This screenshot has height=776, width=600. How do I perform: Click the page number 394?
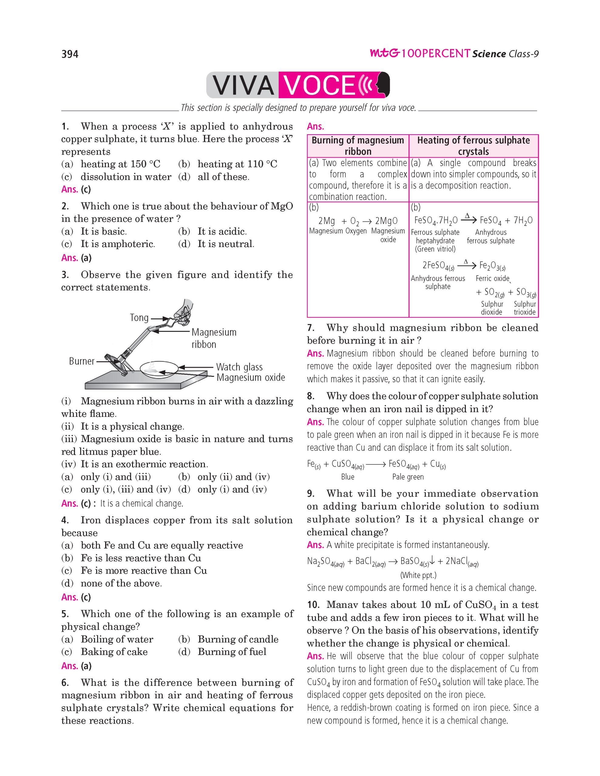click(x=70, y=54)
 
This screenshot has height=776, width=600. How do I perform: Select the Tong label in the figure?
click(x=139, y=317)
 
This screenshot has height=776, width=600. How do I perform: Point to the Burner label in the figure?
click(x=81, y=361)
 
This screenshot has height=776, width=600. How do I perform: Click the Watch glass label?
click(x=239, y=367)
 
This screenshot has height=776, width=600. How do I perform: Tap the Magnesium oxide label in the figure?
click(x=250, y=377)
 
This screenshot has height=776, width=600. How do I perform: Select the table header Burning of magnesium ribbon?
click(x=358, y=146)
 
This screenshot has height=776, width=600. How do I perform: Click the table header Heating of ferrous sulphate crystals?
click(x=473, y=146)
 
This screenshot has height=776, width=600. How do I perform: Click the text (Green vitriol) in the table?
click(x=435, y=249)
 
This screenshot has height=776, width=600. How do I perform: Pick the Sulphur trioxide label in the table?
click(x=525, y=308)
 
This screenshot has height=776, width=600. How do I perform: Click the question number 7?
click(x=310, y=328)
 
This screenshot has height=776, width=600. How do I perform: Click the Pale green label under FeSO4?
click(x=408, y=477)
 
